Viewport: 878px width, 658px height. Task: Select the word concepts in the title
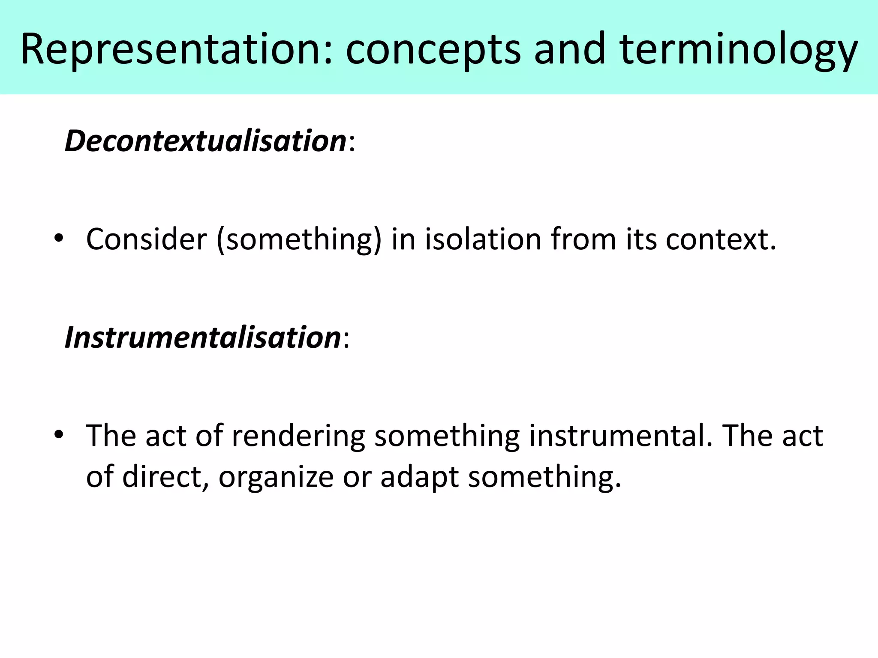click(433, 51)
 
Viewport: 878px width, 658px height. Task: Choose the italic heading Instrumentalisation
click(202, 338)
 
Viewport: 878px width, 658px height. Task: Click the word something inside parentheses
click(299, 240)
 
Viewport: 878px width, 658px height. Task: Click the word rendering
click(298, 437)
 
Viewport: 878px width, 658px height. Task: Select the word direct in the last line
click(162, 476)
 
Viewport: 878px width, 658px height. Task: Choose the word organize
click(276, 477)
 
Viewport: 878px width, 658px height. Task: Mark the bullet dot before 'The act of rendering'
click(59, 434)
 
